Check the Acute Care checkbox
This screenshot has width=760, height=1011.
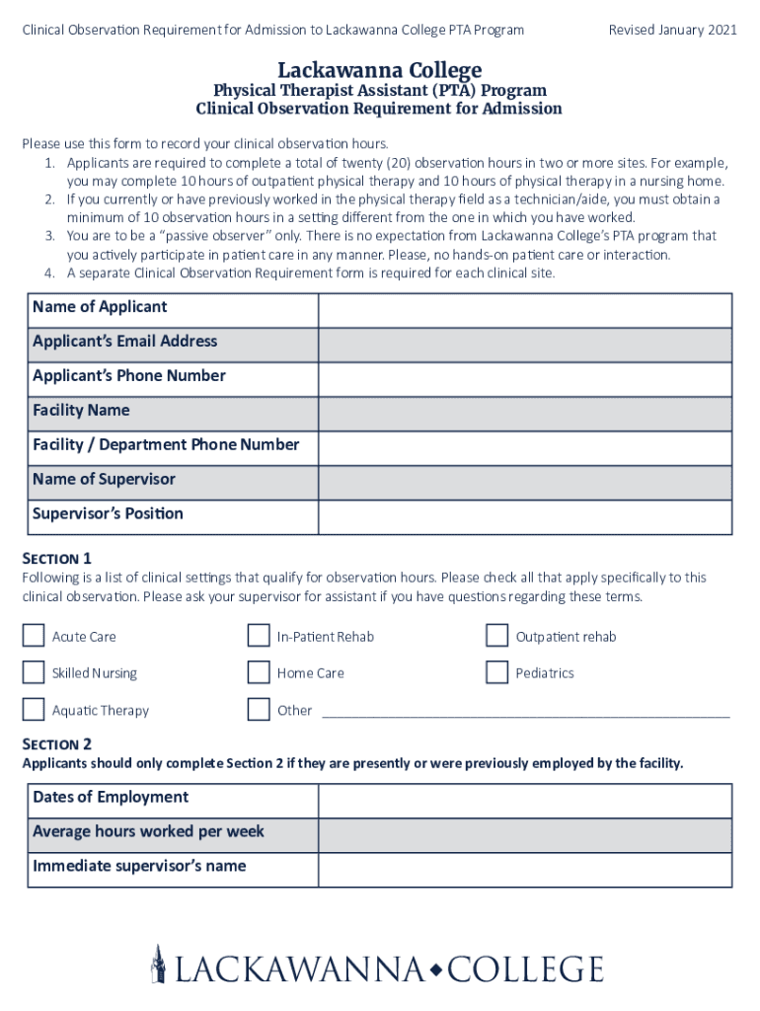[x=34, y=635]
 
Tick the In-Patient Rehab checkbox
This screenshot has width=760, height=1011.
[x=259, y=635]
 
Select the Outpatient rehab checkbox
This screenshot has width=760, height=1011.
[x=497, y=635]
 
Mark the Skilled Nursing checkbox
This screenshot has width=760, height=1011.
[x=34, y=672]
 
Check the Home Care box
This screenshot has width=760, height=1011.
[x=259, y=672]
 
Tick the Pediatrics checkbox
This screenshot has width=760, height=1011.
[x=497, y=672]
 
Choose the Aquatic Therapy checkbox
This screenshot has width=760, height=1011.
[x=34, y=709]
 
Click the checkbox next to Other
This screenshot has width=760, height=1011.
[x=259, y=709]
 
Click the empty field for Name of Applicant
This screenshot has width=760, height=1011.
[x=524, y=310]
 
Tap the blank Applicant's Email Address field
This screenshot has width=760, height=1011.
[x=524, y=345]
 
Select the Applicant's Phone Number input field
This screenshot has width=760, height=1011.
[x=524, y=379]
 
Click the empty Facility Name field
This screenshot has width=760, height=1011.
[x=524, y=414]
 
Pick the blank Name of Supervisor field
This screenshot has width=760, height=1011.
[x=524, y=483]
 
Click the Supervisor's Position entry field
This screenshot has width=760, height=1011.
[x=524, y=517]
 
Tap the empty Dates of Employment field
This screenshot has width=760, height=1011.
[x=524, y=801]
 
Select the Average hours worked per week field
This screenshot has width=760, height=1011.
[x=524, y=835]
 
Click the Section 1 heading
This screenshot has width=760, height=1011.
[x=57, y=558]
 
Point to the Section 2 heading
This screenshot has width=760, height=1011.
[x=57, y=743]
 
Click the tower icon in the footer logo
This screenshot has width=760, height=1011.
[x=158, y=964]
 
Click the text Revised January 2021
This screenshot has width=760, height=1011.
[x=672, y=31]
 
